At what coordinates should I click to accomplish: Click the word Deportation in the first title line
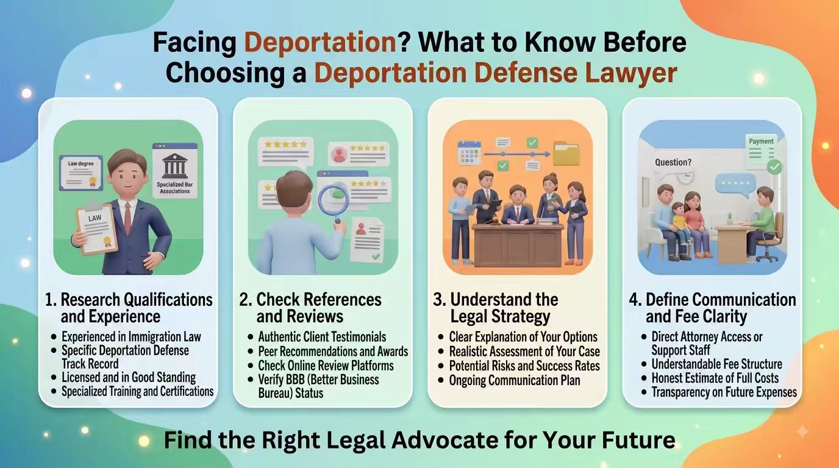click(320, 43)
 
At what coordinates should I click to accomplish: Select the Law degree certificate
click(81, 172)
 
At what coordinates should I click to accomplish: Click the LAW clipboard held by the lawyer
click(96, 229)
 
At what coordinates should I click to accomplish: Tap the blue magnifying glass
click(333, 202)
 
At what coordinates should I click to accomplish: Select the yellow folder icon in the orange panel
click(566, 153)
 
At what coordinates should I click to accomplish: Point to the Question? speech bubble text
click(673, 163)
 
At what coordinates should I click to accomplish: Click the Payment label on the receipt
click(761, 141)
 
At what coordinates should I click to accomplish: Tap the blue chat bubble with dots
click(735, 185)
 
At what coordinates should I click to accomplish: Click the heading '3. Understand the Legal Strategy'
click(496, 308)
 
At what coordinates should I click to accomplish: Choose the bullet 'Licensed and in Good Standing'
click(129, 377)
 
